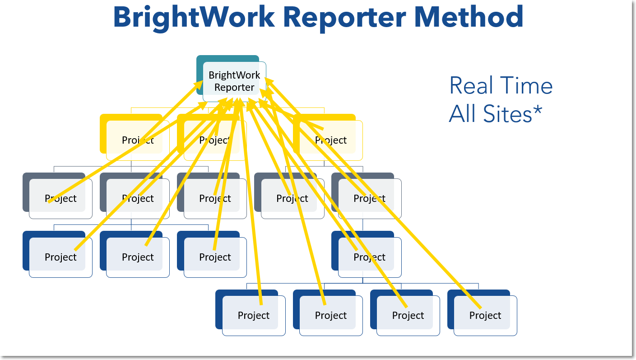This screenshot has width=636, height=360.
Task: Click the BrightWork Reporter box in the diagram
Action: [234, 81]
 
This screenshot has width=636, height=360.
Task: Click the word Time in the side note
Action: [527, 86]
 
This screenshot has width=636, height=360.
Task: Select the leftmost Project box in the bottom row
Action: [253, 315]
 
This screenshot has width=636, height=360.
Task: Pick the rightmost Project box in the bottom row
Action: [485, 315]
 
